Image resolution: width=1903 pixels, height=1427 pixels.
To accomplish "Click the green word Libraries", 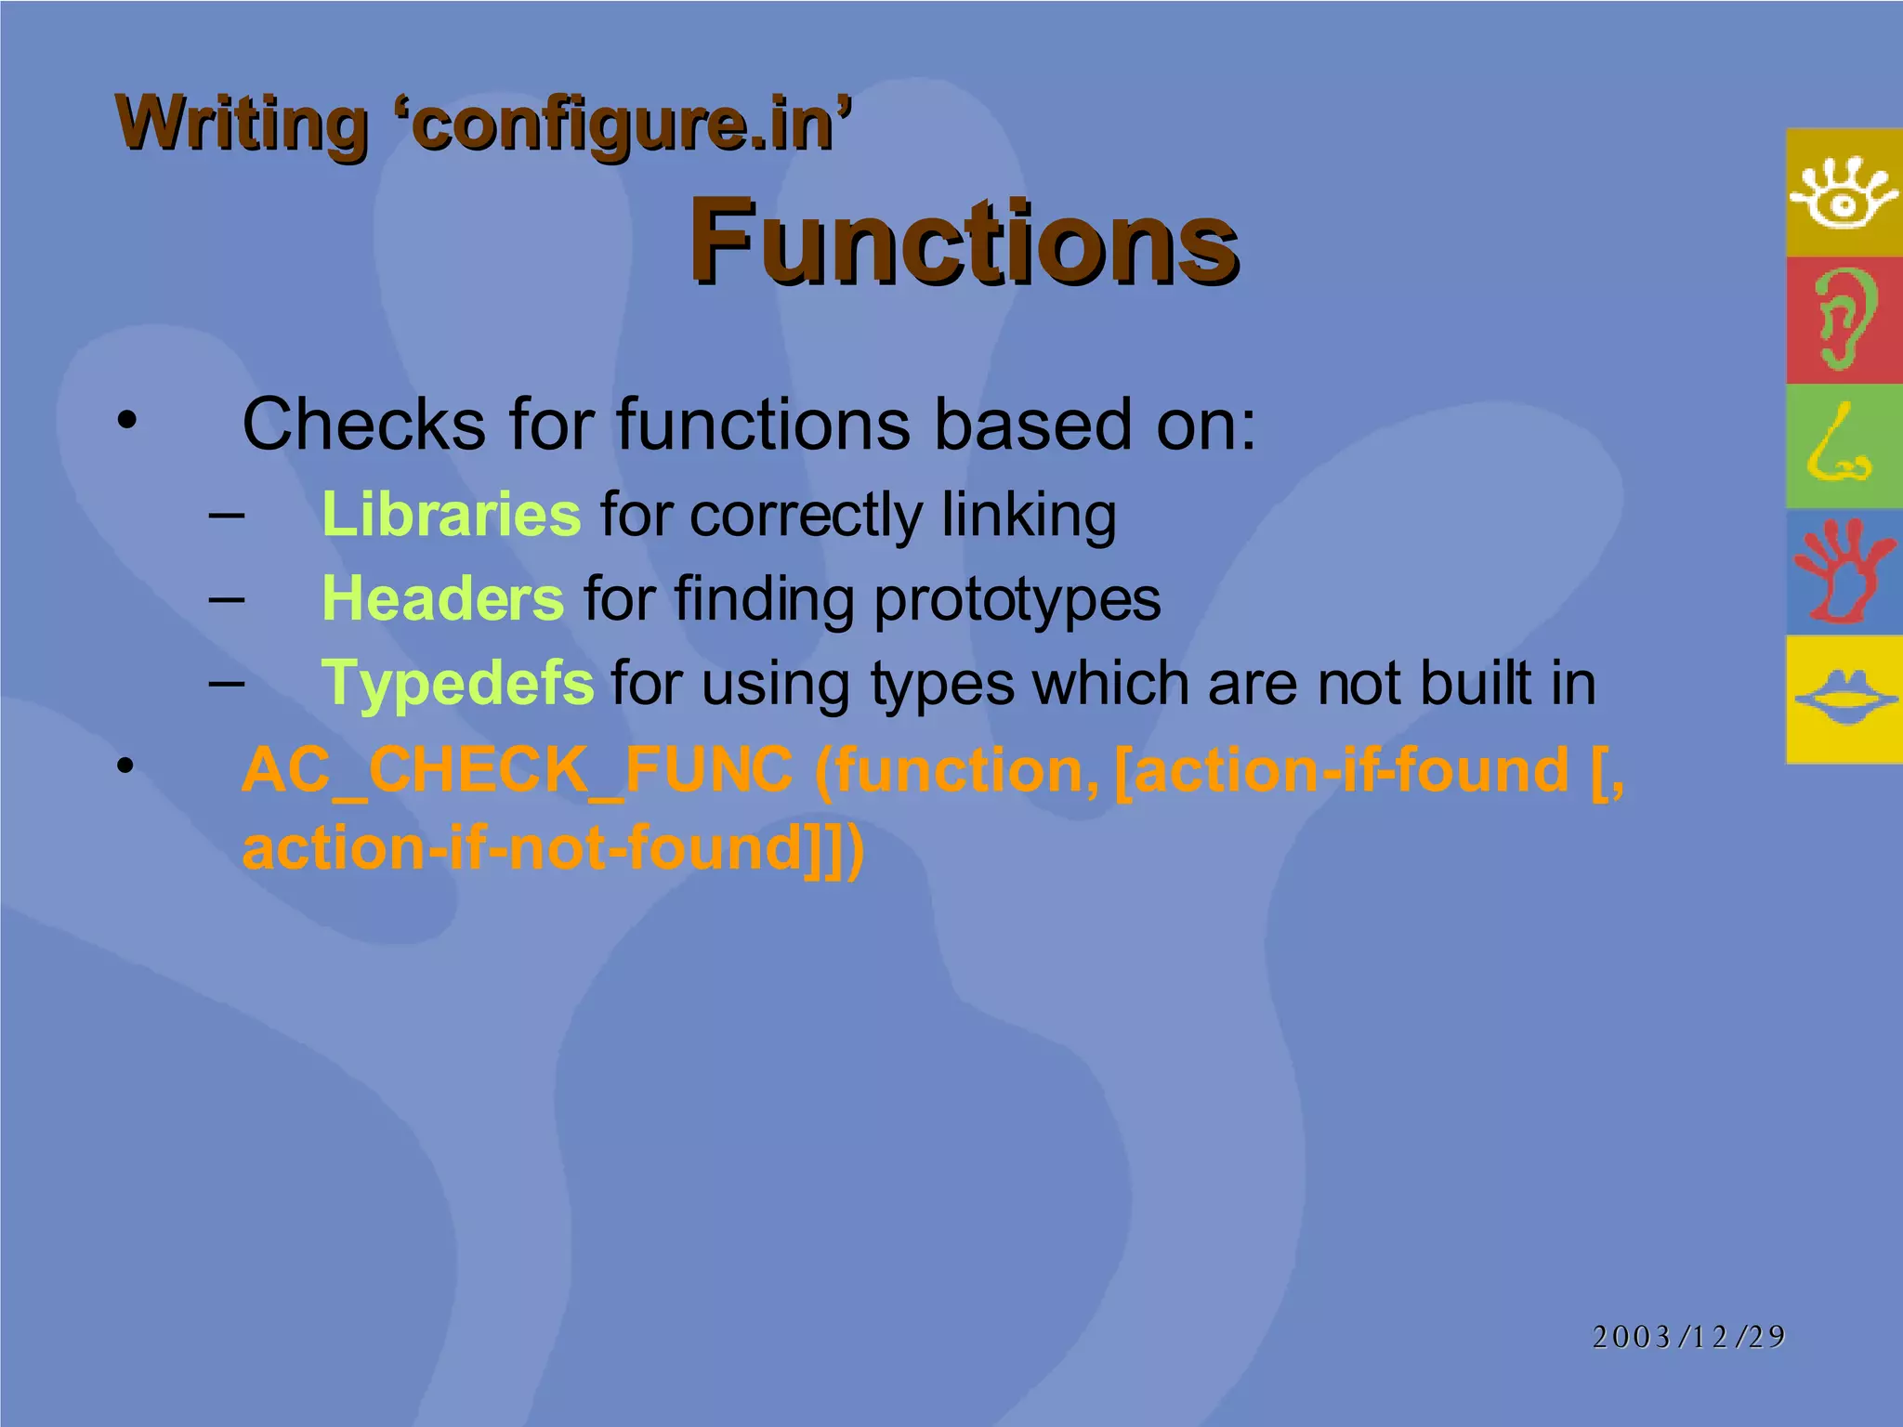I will pos(451,514).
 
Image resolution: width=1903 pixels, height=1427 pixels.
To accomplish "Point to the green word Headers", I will pos(442,598).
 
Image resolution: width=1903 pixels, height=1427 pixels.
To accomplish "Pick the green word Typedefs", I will pos(457,683).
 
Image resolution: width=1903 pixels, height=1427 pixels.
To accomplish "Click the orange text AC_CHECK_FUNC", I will pos(517,770).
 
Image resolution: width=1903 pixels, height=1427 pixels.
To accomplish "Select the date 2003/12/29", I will pos(1688,1336).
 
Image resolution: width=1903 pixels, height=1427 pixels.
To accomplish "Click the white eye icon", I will pos(1844,192).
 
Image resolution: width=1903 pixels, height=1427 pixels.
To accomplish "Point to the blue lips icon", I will pos(1844,698).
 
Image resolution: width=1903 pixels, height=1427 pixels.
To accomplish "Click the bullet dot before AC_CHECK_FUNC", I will pos(126,766).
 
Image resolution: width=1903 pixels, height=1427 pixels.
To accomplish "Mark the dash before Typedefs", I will pos(226,683).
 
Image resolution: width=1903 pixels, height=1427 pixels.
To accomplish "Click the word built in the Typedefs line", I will pos(1477,683).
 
